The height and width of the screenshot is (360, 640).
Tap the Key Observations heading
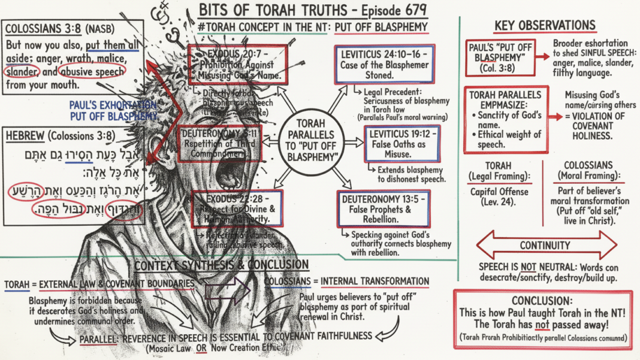click(x=545, y=26)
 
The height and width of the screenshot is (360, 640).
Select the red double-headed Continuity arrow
click(x=545, y=246)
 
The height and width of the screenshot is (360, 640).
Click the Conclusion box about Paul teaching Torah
click(x=543, y=319)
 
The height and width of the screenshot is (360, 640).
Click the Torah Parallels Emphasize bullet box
click(x=506, y=119)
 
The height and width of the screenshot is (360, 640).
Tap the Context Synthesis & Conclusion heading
click(x=222, y=265)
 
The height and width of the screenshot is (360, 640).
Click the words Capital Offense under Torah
click(x=499, y=192)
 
